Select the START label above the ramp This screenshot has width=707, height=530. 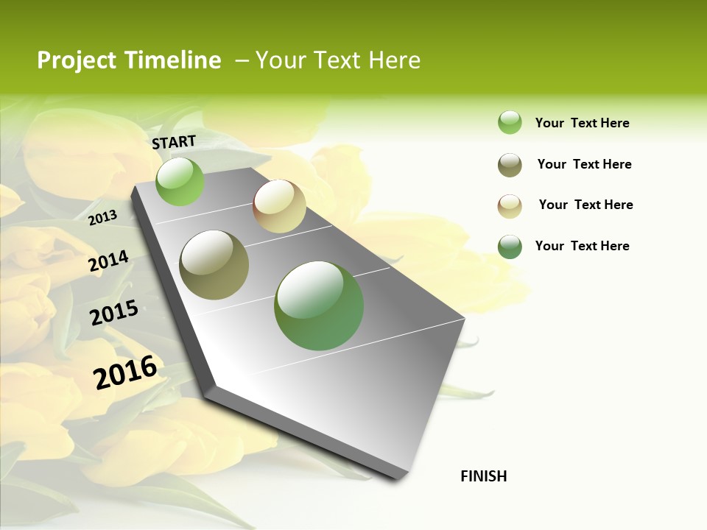point(174,142)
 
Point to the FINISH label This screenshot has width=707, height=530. point(484,476)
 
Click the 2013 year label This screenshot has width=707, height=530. point(102,218)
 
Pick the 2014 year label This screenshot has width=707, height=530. point(108,261)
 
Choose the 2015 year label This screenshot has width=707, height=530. point(114,313)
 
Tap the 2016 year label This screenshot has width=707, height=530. point(125,372)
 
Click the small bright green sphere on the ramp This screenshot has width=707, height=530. point(180,182)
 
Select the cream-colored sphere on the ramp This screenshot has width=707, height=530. point(279,206)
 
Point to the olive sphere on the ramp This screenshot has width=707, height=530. point(214,265)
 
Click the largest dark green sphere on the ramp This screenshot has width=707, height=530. point(319,305)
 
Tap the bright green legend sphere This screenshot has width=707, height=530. point(510,123)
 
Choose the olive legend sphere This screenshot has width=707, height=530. point(510,165)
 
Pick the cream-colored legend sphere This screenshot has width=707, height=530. point(510,205)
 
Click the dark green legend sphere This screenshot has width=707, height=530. point(510,247)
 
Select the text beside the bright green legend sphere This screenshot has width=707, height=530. point(582,123)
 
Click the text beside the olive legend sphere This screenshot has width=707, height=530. point(584,164)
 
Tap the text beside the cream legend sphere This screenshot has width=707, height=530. point(585,205)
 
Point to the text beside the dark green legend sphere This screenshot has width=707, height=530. point(582,246)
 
